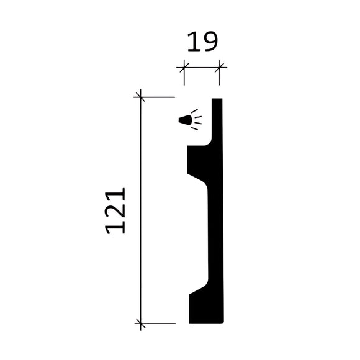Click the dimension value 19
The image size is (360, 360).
202,42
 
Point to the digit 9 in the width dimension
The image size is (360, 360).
210,42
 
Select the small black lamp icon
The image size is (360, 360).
184,120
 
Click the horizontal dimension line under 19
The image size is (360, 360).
202,66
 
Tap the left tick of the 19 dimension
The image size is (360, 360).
183,66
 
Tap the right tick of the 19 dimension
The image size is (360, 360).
221,66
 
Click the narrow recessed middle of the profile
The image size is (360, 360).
215,236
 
